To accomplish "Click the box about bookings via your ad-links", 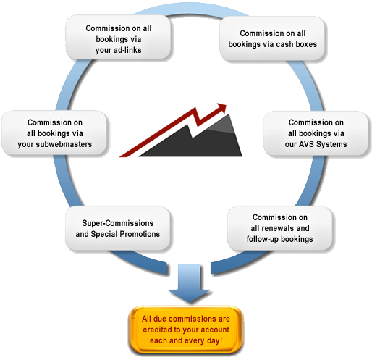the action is tap(119, 37).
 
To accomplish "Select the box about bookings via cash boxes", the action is tap(272, 38).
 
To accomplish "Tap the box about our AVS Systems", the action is tap(316, 133).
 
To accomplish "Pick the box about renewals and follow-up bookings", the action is tap(279, 228).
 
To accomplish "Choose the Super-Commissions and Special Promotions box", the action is tap(118, 228).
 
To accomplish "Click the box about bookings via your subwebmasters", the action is tap(54, 133).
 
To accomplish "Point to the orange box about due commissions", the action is tap(186, 330).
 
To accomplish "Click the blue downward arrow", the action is tap(189, 282).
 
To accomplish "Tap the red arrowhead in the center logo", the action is tap(221, 108).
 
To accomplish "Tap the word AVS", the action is tap(307, 144).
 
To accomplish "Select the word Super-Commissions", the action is tap(118, 223).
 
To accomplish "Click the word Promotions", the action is tap(140, 234).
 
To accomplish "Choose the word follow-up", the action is tap(263, 239).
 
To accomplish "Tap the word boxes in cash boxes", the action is tap(306, 44).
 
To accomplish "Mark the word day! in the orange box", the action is tap(214, 340).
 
